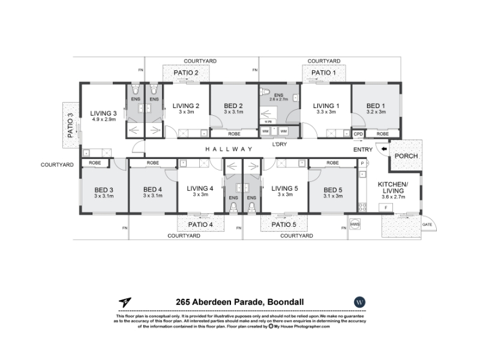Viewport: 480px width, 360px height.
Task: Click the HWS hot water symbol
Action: tap(355, 224)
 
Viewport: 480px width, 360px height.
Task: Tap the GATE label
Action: tap(427, 224)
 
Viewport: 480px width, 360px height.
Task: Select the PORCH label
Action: tap(406, 156)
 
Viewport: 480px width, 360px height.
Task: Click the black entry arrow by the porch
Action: tap(384, 149)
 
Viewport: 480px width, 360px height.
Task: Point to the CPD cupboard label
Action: tap(358, 134)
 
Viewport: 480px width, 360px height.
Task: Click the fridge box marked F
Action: tap(386, 208)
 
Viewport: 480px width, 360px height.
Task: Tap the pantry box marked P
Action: tap(362, 163)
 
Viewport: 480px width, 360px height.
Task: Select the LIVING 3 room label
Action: tap(103, 113)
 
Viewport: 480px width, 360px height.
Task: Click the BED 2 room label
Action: tap(233, 106)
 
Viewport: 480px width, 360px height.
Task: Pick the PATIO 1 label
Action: tap(323, 73)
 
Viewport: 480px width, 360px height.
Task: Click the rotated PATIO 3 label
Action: tap(70, 125)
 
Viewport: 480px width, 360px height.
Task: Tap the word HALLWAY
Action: tap(229, 149)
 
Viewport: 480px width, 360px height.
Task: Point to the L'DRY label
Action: tap(279, 144)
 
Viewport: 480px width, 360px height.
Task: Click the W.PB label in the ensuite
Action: tap(268, 122)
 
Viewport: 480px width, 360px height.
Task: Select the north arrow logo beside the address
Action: tap(125, 302)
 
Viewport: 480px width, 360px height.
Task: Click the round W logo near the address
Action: tap(359, 302)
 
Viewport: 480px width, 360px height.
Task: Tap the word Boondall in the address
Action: tap(286, 302)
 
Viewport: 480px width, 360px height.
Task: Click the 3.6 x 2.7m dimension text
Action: tap(393, 197)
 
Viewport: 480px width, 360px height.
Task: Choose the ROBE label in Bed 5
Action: tap(332, 163)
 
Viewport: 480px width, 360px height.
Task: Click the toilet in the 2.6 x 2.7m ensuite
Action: tap(265, 92)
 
